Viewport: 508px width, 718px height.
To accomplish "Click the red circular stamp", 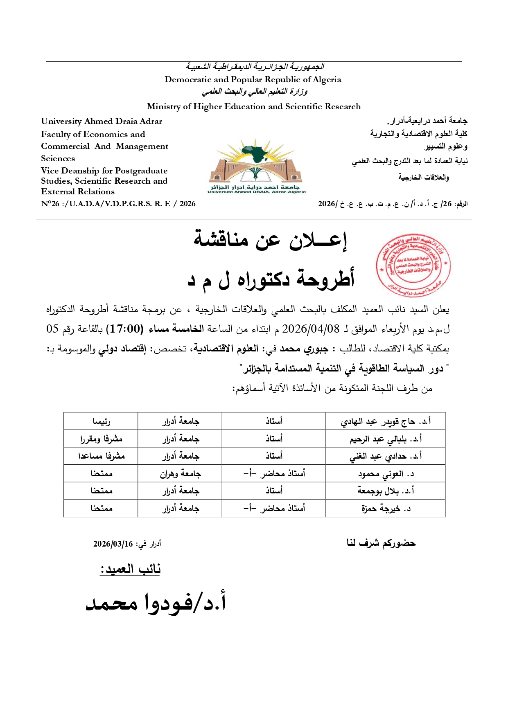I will pyautogui.click(x=413, y=266).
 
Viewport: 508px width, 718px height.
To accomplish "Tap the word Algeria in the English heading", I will pyautogui.click(x=327, y=79).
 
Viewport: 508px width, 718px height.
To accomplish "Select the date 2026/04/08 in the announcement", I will pyautogui.click(x=311, y=329).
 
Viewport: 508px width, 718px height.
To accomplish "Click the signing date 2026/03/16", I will pyautogui.click(x=113, y=544).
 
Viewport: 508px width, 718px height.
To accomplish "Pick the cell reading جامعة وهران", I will pyautogui.click(x=180, y=474).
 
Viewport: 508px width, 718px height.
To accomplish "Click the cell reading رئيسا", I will pyautogui.click(x=101, y=421).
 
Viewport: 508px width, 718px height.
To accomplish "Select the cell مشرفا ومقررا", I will pyautogui.click(x=101, y=439).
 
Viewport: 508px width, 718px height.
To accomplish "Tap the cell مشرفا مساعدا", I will pyautogui.click(x=101, y=456).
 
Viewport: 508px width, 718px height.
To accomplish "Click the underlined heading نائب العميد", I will pyautogui.click(x=130, y=569).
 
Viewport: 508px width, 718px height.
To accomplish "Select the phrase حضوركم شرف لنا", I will pyautogui.click(x=381, y=543).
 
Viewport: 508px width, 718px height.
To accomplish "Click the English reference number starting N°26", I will pyautogui.click(x=118, y=204).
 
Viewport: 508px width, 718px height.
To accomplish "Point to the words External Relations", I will pyautogui.click(x=78, y=191).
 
